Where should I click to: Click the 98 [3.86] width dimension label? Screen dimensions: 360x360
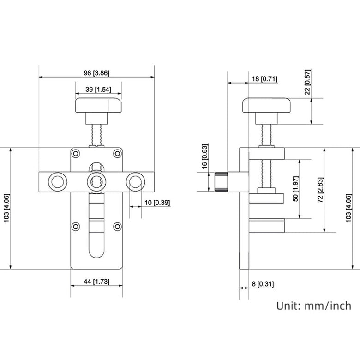coord(96,73)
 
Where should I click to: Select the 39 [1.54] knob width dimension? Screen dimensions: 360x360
coord(98,90)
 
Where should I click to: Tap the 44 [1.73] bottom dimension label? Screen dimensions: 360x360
coord(96,281)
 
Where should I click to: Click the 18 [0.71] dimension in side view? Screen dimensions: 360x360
coord(264,79)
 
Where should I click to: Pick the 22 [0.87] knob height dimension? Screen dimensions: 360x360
coord(308,82)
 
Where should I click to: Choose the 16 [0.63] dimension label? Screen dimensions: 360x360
coord(204,157)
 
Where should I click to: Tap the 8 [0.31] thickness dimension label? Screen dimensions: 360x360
coord(261,284)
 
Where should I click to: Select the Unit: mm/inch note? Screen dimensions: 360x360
coord(313,305)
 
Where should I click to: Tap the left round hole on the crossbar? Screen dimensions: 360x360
coord(58,181)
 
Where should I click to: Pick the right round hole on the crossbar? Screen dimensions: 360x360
coord(134,181)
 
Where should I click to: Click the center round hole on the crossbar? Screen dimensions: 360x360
coord(96,181)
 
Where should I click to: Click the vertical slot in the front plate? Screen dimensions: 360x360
coord(96,226)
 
